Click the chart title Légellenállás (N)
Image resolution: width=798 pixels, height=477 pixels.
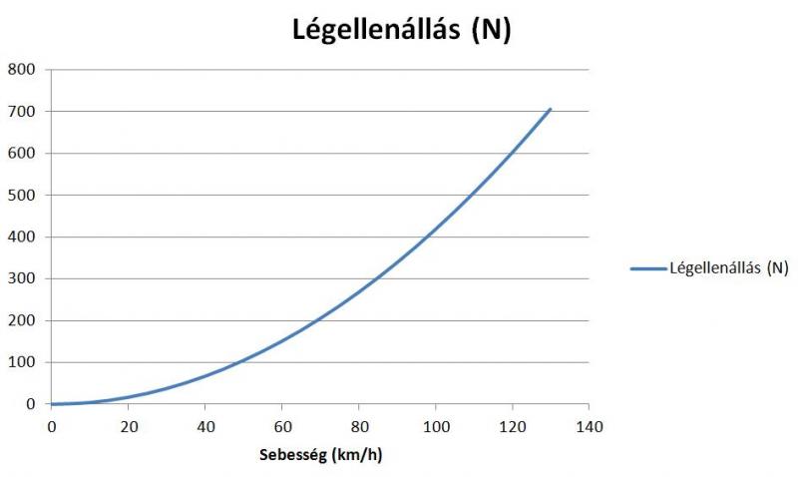pos(401,30)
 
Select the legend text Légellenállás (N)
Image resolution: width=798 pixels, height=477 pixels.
pos(729,267)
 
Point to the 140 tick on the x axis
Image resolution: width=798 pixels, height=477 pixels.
pos(589,424)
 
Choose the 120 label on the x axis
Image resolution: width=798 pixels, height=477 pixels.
pos(512,424)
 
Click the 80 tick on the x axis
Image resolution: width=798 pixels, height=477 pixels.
pos(358,424)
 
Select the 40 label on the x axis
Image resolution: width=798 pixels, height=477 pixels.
pos(204,424)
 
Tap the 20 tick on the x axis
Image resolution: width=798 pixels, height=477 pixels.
pos(128,424)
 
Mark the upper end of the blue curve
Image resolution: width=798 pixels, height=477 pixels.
pos(550,109)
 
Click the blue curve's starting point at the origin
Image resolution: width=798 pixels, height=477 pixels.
pos(52,404)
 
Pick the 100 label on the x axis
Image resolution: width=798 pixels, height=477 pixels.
pos(435,424)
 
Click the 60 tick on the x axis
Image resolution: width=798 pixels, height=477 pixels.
pos(281,424)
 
